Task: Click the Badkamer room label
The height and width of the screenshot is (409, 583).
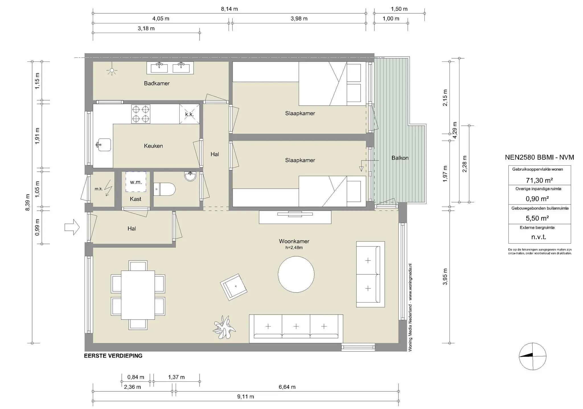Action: coord(157,83)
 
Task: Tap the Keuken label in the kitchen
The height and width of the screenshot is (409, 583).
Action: coord(153,146)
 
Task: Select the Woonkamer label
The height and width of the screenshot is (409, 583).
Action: coord(294,241)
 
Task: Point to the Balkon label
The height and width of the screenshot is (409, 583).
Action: coord(400,158)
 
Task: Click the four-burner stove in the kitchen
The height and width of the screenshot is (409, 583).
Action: coord(141,114)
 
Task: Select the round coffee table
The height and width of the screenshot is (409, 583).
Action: coord(296,274)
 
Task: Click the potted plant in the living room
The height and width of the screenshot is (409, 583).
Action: coord(224,328)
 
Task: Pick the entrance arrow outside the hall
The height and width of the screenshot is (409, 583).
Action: coord(72,227)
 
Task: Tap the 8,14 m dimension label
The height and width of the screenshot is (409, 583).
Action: coord(229,9)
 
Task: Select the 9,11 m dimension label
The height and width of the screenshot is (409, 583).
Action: coord(246,396)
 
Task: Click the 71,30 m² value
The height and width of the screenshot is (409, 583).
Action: coord(539,180)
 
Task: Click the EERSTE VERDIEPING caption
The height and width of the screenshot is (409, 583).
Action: coord(113,356)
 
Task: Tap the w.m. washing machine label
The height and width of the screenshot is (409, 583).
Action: coord(136,182)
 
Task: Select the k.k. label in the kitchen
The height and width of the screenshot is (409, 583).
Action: coord(189,114)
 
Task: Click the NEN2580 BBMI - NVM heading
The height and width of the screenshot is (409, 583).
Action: coord(539,157)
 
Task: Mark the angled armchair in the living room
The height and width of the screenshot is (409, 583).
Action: coord(233,287)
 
